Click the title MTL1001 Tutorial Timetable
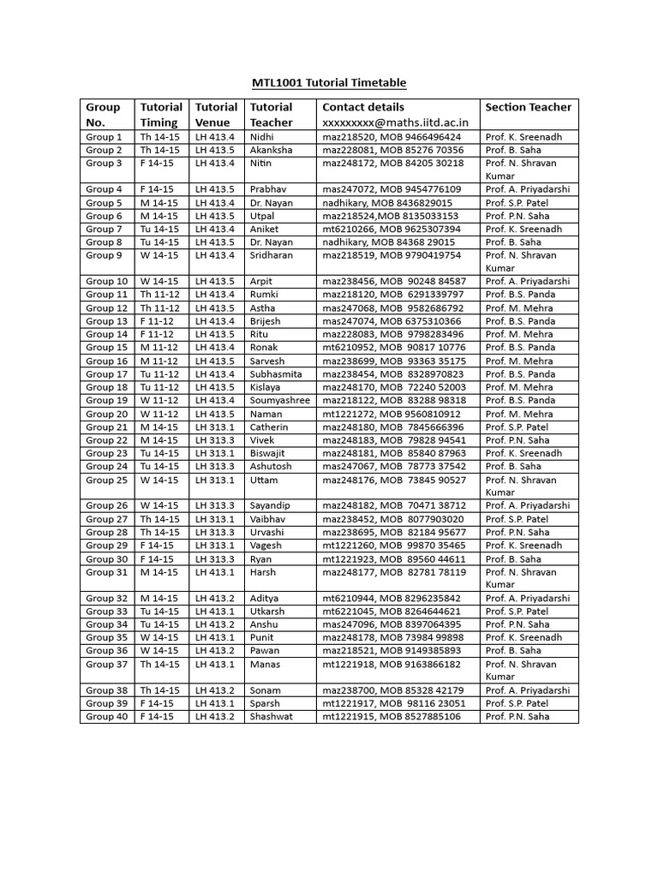click(329, 83)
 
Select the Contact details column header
click(363, 107)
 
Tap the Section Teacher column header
click(528, 107)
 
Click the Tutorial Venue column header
click(217, 115)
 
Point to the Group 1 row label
click(104, 137)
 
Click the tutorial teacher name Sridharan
click(272, 255)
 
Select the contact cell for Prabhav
click(392, 189)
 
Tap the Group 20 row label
click(107, 414)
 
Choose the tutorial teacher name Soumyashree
click(280, 400)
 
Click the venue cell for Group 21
click(215, 427)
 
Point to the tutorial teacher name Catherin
click(269, 427)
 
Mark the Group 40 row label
click(107, 717)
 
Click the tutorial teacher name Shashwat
click(271, 717)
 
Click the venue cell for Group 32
click(215, 599)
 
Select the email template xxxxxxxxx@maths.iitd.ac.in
click(389, 122)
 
